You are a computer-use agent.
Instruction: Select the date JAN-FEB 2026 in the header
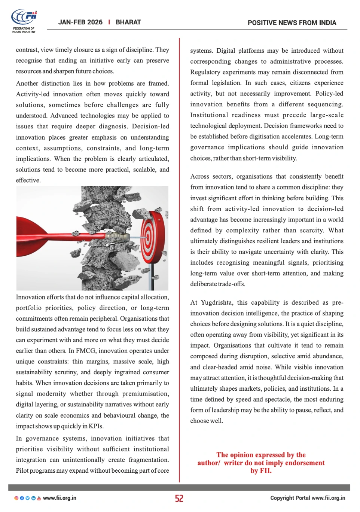point(80,22)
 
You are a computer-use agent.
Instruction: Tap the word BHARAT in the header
point(128,22)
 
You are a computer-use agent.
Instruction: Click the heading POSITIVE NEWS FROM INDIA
point(292,23)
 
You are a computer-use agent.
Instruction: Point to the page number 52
point(179,498)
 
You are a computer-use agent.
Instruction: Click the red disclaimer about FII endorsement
point(261,463)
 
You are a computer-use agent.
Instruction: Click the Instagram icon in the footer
point(16,498)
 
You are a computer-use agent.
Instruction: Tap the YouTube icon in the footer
point(39,498)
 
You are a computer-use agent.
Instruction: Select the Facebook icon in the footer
point(22,498)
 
